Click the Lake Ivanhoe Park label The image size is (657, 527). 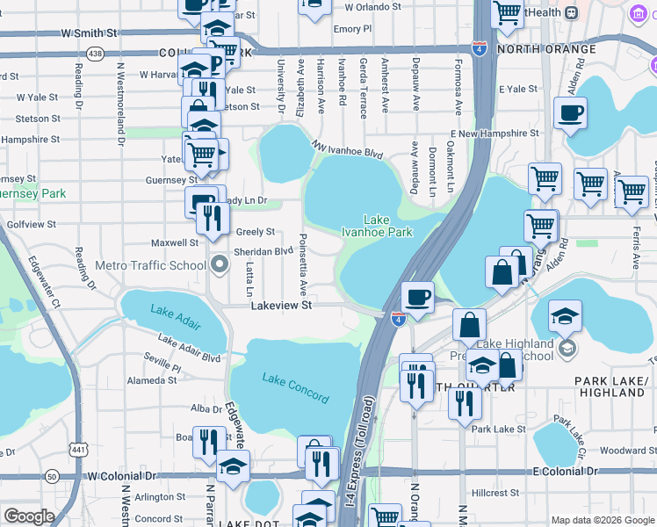click(x=377, y=226)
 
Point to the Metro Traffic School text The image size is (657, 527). click(x=138, y=265)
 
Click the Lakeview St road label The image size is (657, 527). click(x=282, y=306)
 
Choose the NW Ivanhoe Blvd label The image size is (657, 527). click(x=348, y=148)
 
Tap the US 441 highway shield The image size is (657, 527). click(x=78, y=450)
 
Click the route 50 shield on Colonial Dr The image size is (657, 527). click(x=52, y=476)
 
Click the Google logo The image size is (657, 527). click(x=29, y=516)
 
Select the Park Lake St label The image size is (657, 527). click(x=498, y=430)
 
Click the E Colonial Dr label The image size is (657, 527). click(x=566, y=473)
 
